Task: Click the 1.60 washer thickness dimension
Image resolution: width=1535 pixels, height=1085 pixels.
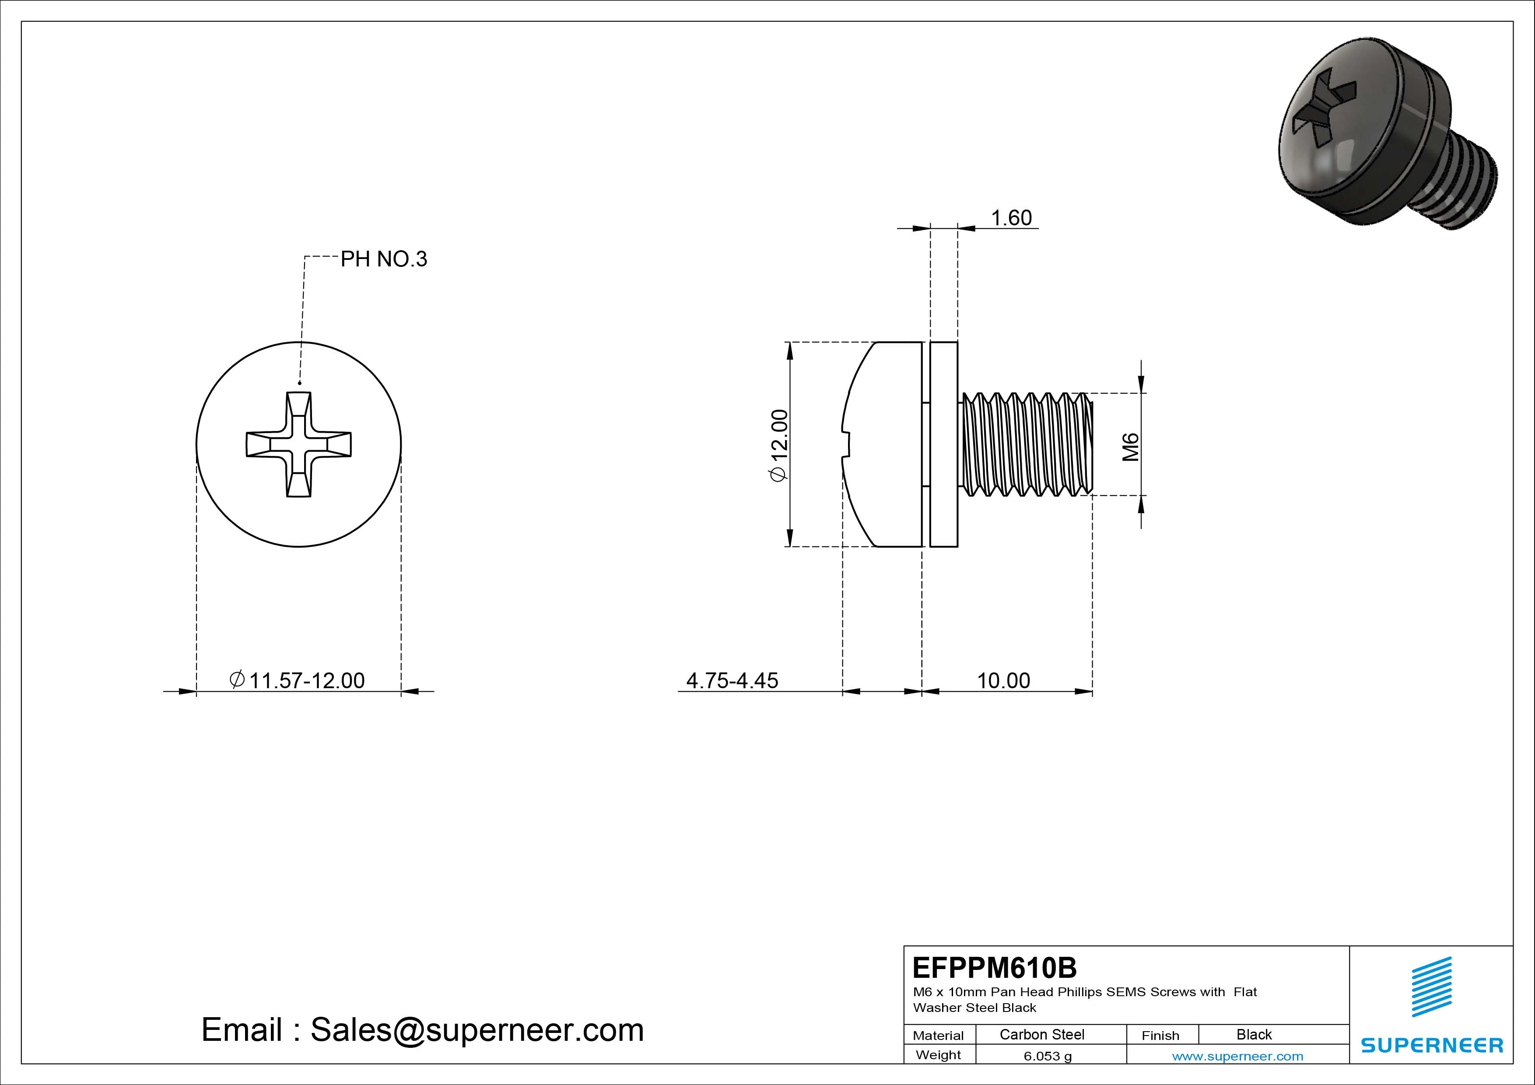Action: pyautogui.click(x=1010, y=218)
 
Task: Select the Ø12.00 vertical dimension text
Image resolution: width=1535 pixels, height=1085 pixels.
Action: pyautogui.click(x=780, y=444)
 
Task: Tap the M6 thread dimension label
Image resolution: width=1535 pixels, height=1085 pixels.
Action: pyautogui.click(x=1130, y=447)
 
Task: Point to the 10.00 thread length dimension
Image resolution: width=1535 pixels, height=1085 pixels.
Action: pyautogui.click(x=1003, y=681)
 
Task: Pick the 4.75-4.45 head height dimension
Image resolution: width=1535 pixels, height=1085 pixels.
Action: pyautogui.click(x=732, y=681)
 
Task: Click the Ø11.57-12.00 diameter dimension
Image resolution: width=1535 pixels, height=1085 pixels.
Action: pyautogui.click(x=298, y=681)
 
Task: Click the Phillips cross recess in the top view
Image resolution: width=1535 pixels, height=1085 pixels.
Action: pyautogui.click(x=299, y=444)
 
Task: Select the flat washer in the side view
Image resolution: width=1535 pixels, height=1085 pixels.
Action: pyautogui.click(x=943, y=444)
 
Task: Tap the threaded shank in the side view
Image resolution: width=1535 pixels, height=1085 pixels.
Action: pyautogui.click(x=1026, y=444)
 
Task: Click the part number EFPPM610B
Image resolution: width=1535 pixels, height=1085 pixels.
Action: pyautogui.click(x=994, y=967)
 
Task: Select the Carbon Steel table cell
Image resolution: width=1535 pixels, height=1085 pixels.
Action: pyautogui.click(x=1041, y=1034)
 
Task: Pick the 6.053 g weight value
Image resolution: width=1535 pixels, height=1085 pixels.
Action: pyautogui.click(x=1048, y=1056)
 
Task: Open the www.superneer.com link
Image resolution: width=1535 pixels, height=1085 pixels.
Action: pyautogui.click(x=1237, y=1056)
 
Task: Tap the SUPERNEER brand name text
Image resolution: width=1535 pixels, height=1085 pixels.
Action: pyautogui.click(x=1431, y=1045)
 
